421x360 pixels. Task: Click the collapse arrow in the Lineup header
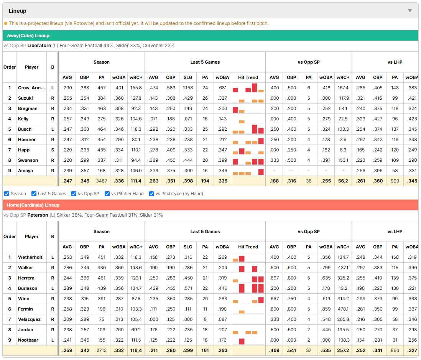pyautogui.click(x=410, y=11)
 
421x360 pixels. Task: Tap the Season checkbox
pyautogui.click(x=7, y=194)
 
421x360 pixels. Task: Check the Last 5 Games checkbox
pyautogui.click(x=34, y=194)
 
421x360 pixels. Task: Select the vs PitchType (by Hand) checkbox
pyautogui.click(x=152, y=194)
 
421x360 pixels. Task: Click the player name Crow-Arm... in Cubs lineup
pyautogui.click(x=31, y=88)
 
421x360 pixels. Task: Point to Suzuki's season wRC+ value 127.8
pyautogui.click(x=136, y=98)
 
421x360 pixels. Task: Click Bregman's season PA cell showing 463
pyautogui.click(x=102, y=108)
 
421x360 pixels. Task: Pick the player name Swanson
pyautogui.click(x=28, y=160)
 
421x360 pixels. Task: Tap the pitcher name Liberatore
pyautogui.click(x=39, y=46)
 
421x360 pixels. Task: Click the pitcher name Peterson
pyautogui.click(x=38, y=215)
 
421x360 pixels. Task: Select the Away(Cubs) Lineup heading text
pyautogui.click(x=28, y=36)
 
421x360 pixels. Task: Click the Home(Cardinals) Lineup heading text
pyautogui.click(x=33, y=205)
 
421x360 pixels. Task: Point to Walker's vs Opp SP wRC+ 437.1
pyautogui.click(x=343, y=268)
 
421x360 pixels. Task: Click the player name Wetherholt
pyautogui.click(x=30, y=257)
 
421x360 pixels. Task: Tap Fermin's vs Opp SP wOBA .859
pyautogui.click(x=326, y=309)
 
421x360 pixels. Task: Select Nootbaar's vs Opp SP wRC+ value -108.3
pyautogui.click(x=343, y=340)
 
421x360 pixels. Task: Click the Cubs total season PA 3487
pyautogui.click(x=102, y=181)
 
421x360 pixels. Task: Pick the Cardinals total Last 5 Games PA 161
pyautogui.click(x=205, y=350)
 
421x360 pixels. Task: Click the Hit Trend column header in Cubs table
pyautogui.click(x=248, y=77)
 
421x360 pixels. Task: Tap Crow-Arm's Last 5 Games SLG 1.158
pyautogui.click(x=188, y=88)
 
